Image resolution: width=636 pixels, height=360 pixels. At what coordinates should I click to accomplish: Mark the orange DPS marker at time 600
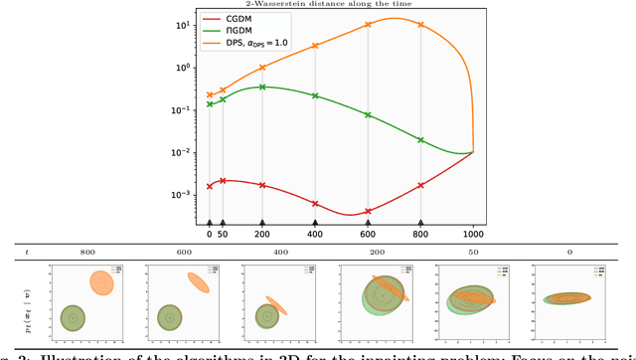click(368, 24)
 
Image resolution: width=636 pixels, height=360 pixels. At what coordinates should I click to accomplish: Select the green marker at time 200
click(262, 87)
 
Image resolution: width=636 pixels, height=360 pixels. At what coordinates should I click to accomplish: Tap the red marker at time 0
click(209, 186)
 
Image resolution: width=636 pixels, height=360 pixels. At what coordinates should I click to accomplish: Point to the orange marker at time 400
click(315, 46)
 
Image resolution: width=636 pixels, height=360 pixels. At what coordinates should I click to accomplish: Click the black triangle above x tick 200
click(262, 224)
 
